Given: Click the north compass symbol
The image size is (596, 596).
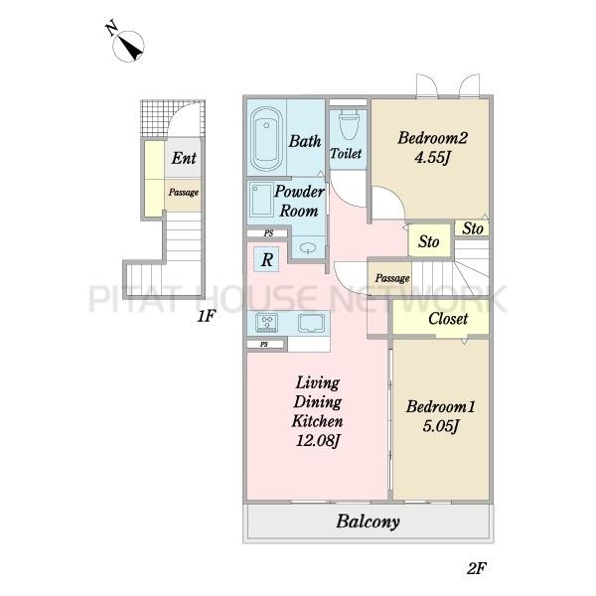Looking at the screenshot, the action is pyautogui.click(x=128, y=45).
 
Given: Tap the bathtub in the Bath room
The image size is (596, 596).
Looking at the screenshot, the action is pyautogui.click(x=266, y=139).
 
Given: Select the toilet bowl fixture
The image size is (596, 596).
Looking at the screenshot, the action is pyautogui.click(x=348, y=124).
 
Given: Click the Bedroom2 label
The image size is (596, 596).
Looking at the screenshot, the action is pyautogui.click(x=432, y=138).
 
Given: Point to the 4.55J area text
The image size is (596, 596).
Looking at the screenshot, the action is pyautogui.click(x=432, y=157).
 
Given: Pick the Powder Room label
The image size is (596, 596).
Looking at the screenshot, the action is pyautogui.click(x=299, y=201).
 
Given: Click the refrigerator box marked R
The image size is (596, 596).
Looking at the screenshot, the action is pyautogui.click(x=266, y=259).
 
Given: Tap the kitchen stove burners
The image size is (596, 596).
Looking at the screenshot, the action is pyautogui.click(x=266, y=322).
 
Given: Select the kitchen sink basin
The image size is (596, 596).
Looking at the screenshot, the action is pyautogui.click(x=312, y=323).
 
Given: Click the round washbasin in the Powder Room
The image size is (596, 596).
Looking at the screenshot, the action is pyautogui.click(x=308, y=248).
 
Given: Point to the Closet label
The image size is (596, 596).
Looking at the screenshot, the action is pyautogui.click(x=448, y=319).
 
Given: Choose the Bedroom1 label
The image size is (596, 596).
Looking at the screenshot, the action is pyautogui.click(x=440, y=406).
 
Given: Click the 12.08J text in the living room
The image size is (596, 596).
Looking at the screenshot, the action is pyautogui.click(x=318, y=441).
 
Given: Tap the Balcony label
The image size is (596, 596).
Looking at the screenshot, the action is pyautogui.click(x=368, y=521).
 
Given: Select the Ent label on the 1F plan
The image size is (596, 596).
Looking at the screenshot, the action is pyautogui.click(x=184, y=158).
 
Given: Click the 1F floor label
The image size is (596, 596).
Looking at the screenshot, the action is pyautogui.click(x=207, y=316).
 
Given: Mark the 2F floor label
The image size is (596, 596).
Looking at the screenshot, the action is pyautogui.click(x=476, y=568).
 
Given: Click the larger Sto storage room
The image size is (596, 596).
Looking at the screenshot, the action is pyautogui.click(x=429, y=241).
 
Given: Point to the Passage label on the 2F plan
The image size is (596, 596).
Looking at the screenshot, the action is pyautogui.click(x=392, y=278).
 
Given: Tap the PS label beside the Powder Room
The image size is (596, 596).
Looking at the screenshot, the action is pyautogui.click(x=269, y=233).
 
